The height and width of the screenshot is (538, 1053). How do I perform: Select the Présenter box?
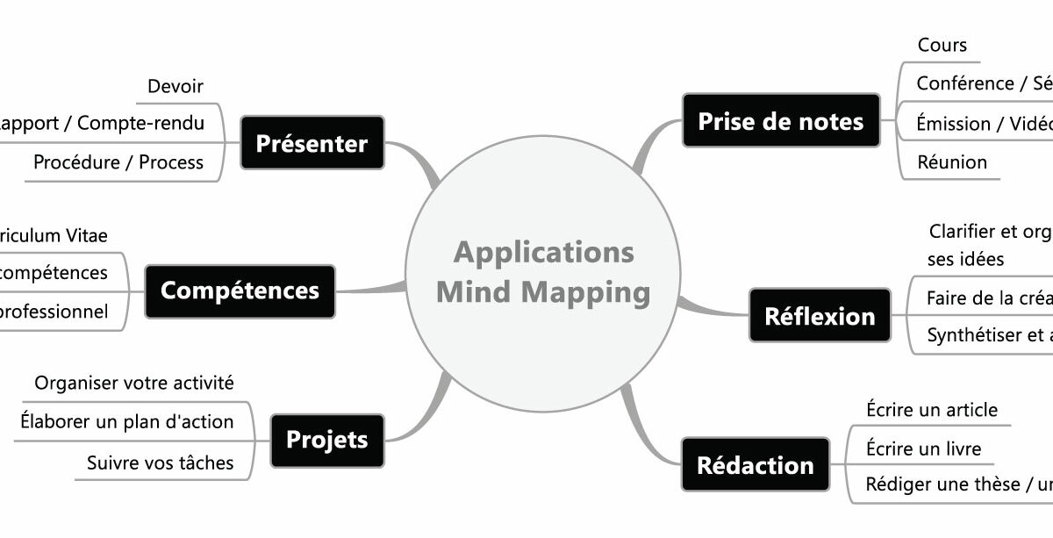[312, 143]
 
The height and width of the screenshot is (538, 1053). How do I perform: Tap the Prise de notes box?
[780, 121]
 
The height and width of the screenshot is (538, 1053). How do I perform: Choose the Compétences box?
[240, 291]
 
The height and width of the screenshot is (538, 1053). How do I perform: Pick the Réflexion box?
[820, 316]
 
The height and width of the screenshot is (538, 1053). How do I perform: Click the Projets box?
[326, 440]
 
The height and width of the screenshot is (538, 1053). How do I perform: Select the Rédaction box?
[755, 464]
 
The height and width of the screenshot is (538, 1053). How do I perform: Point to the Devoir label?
[175, 86]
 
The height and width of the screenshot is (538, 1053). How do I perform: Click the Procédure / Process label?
[118, 162]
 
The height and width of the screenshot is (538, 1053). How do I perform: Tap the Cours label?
[942, 45]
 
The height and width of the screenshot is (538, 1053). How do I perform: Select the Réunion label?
[951, 162]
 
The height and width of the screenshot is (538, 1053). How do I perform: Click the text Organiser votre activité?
[133, 384]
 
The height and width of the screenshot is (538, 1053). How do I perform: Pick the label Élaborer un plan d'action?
[126, 422]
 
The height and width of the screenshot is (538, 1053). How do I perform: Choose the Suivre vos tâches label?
[160, 463]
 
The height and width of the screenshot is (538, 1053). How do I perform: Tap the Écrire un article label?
[931, 410]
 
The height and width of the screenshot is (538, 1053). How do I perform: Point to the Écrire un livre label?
[923, 449]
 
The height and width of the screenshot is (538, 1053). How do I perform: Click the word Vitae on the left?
[86, 235]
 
